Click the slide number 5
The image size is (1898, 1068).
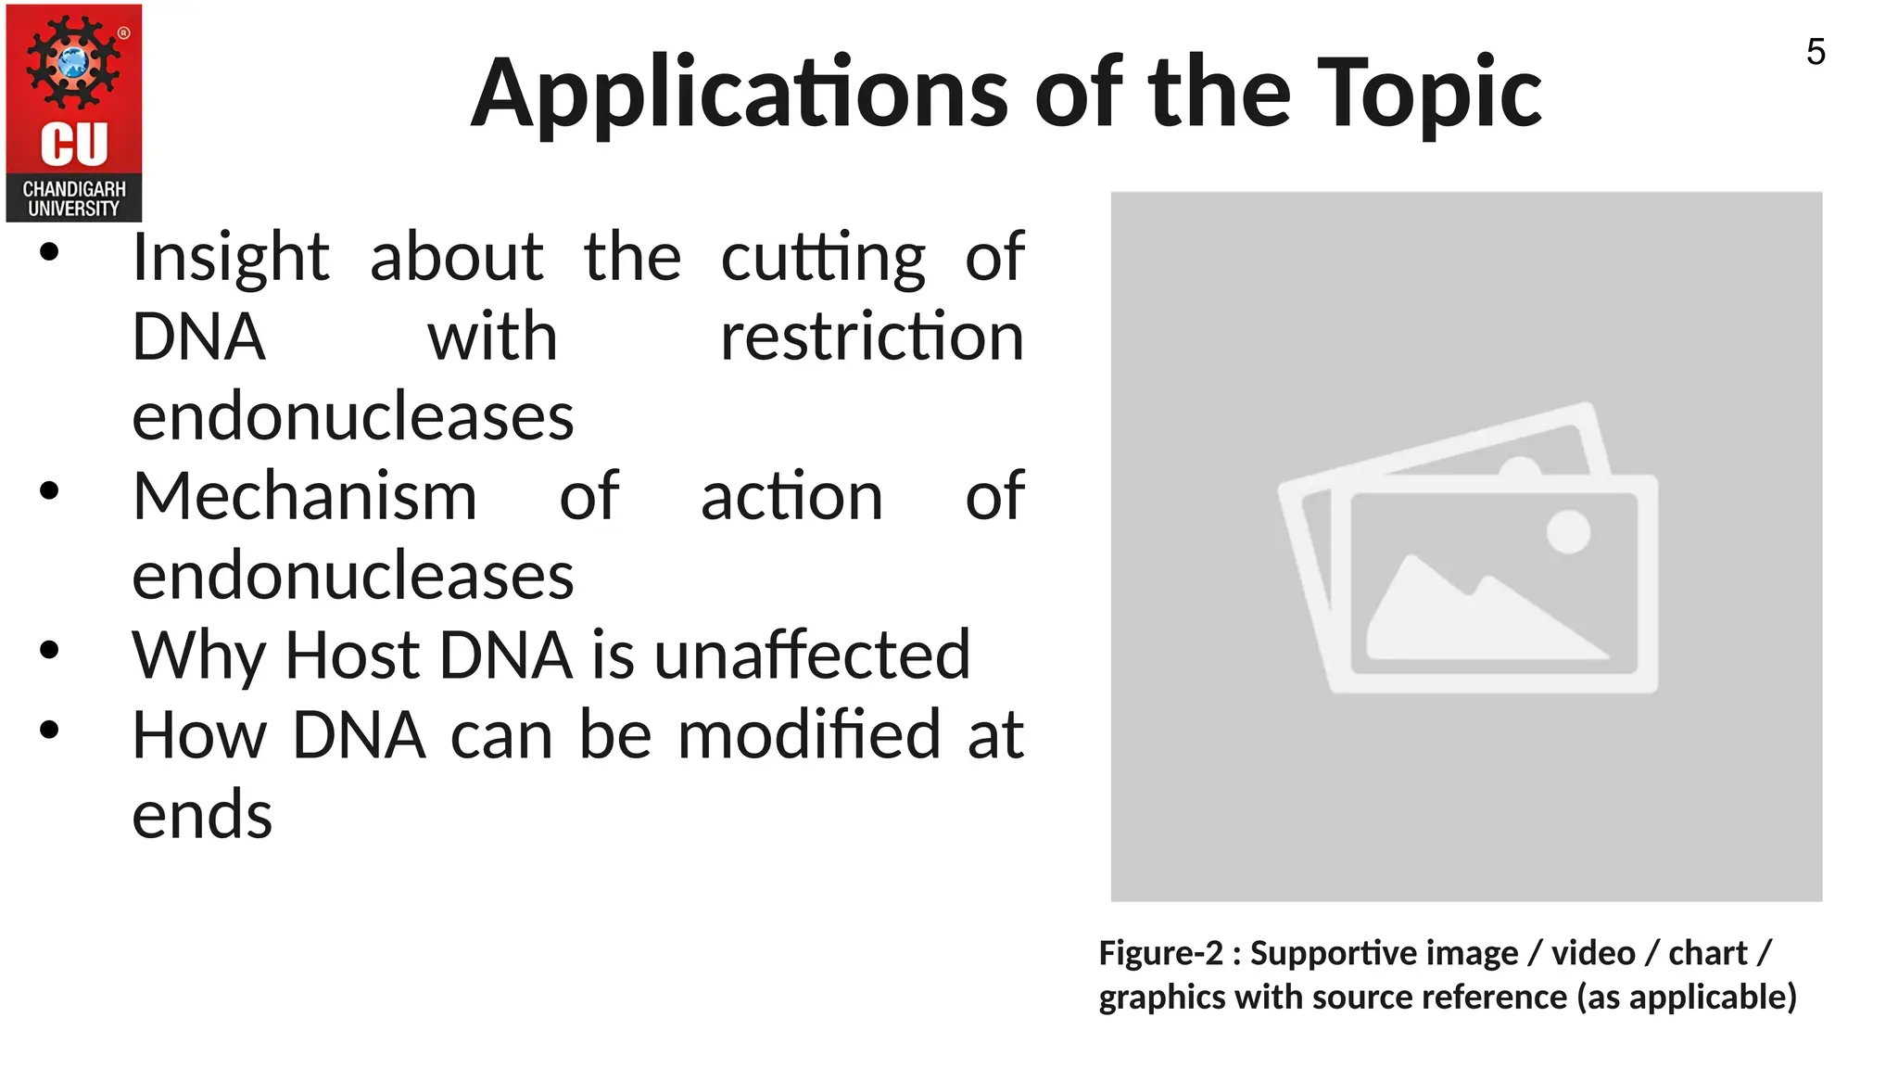tap(1816, 52)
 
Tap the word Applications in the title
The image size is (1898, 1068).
tap(739, 95)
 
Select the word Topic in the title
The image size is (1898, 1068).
tap(1428, 95)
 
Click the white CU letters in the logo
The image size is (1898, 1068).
tap(74, 144)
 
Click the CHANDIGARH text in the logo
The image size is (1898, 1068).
tap(74, 189)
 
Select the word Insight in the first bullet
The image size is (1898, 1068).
tap(230, 258)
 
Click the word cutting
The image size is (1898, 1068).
tap(823, 258)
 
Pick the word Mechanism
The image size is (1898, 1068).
tap(305, 497)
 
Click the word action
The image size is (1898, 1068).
tap(791, 497)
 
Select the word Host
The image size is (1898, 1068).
tap(352, 656)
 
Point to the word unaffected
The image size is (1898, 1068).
tap(812, 656)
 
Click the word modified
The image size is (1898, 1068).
tap(810, 736)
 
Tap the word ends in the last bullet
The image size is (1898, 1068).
tap(202, 816)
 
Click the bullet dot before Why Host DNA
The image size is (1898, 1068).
tap(50, 650)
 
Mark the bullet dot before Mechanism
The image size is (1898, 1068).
tap(50, 490)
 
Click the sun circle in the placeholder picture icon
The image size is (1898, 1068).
tap(1568, 532)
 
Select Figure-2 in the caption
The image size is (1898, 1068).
tap(1160, 953)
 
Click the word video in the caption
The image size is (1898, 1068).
tap(1593, 953)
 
